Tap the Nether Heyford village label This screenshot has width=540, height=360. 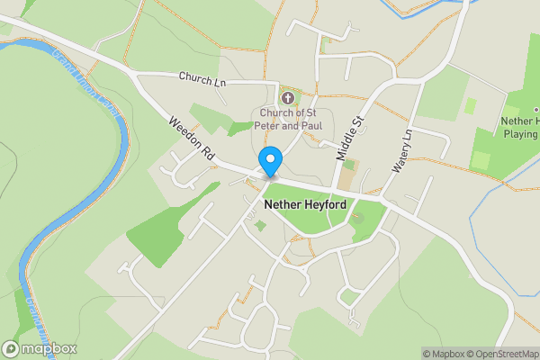(307, 205)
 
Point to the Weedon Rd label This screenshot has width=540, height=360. (190, 137)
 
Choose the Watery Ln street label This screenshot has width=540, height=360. (401, 150)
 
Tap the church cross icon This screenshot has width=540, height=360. (288, 96)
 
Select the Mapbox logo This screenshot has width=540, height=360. (40, 348)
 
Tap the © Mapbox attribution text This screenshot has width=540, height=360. (442, 354)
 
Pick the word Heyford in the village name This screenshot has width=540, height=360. (326, 205)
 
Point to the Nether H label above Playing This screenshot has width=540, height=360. (521, 121)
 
